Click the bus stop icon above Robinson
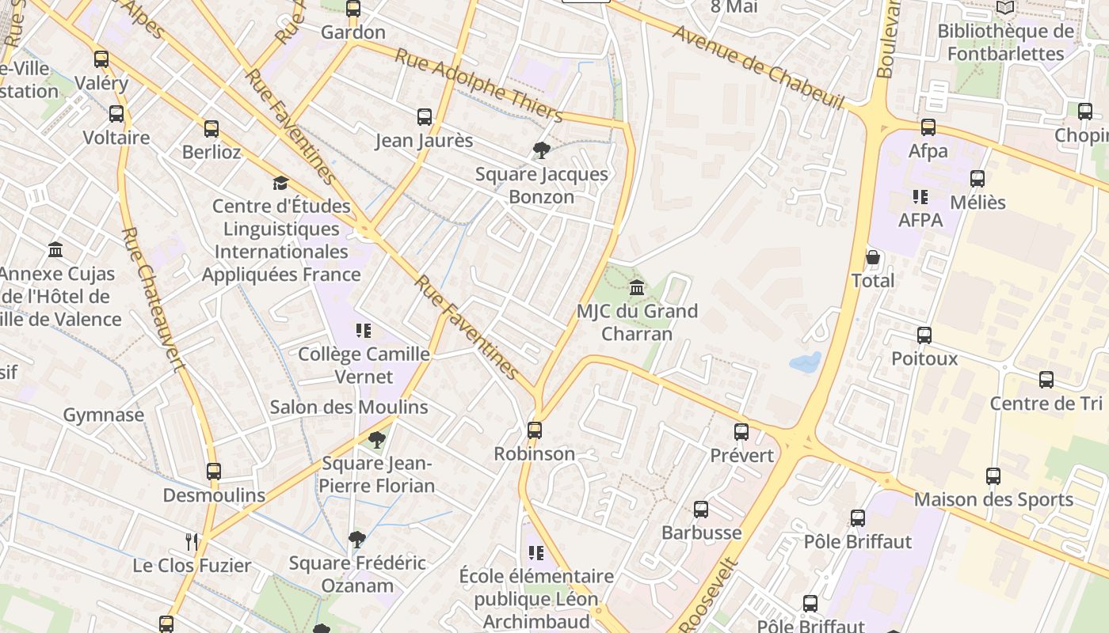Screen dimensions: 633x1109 point(535,430)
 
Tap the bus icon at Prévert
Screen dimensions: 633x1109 point(741,432)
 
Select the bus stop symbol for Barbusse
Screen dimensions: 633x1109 point(701,510)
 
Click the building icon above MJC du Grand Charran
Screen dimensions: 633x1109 point(637,288)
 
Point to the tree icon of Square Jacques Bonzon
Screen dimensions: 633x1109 point(542,150)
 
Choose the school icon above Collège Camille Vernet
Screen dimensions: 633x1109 point(364,331)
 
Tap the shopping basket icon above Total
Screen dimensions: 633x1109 point(873,258)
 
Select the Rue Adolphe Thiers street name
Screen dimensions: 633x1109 point(479,85)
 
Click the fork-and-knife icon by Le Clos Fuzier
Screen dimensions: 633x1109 point(191,542)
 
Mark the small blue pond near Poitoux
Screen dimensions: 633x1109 point(806,363)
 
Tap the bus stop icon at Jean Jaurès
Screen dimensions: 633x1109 point(425,117)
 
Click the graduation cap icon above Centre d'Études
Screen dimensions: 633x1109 point(280,184)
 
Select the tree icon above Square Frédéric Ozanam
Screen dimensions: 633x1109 point(357,540)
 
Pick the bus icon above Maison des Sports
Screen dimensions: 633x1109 point(993,476)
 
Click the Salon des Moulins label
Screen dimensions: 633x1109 point(349,407)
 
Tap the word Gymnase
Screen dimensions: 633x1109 point(104,415)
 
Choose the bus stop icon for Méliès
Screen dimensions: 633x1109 point(978,179)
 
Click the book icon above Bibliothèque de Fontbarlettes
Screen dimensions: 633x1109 point(1005,8)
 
